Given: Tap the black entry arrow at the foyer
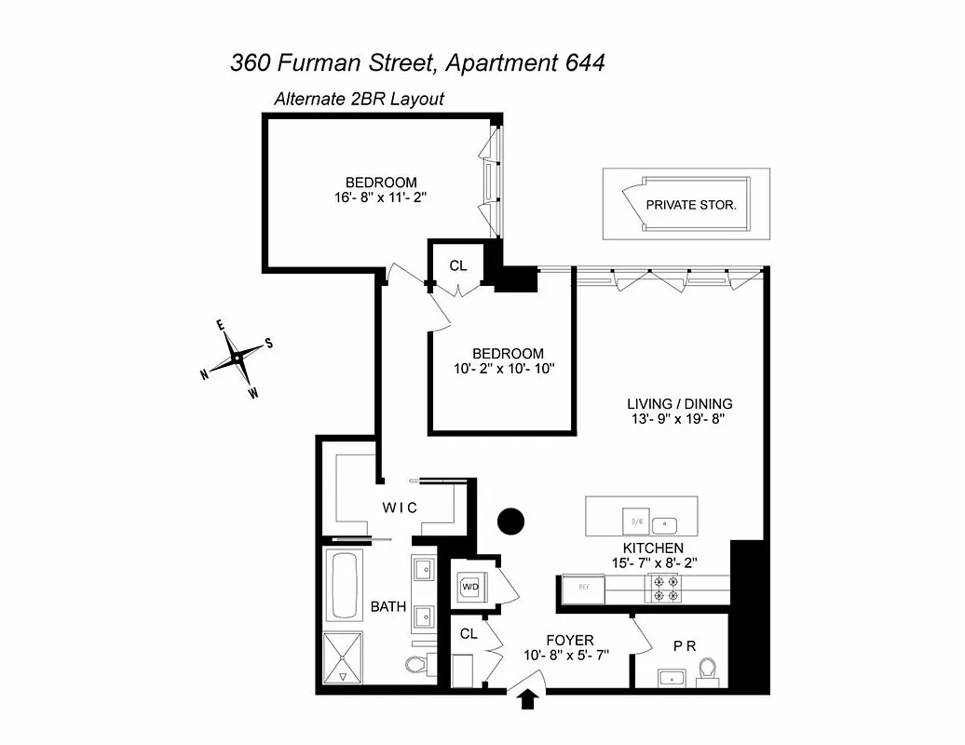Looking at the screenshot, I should coord(528,698).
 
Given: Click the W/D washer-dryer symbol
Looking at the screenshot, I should coord(469,587).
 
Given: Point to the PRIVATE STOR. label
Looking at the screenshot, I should coord(690,204).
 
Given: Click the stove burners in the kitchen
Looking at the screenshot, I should coord(666,587).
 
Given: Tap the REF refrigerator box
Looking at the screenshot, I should coord(580,589).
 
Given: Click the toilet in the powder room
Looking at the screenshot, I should coord(707,670).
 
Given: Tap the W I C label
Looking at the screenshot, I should coord(400,507).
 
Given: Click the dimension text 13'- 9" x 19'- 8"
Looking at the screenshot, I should coord(679,419).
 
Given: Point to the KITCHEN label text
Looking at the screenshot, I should coord(653,549).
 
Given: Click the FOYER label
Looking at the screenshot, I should coord(569,641).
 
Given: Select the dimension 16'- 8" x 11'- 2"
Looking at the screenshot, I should coord(381,197).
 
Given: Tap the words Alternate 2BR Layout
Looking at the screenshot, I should coord(359,99).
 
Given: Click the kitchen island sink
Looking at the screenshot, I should coord(667,522).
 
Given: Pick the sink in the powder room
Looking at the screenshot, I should coord(670,677).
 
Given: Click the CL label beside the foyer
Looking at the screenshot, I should coord(469,633).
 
